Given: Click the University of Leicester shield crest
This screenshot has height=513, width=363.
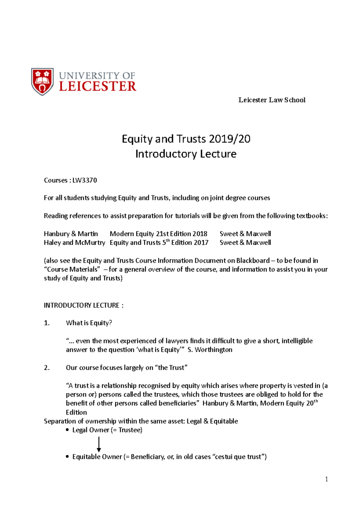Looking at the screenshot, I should pyautogui.click(x=42, y=82).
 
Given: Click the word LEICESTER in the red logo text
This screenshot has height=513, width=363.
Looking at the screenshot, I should pyautogui.click(x=97, y=87).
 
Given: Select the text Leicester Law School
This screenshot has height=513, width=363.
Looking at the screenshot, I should pyautogui.click(x=272, y=100).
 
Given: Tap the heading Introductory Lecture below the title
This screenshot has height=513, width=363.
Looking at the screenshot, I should pyautogui.click(x=186, y=154).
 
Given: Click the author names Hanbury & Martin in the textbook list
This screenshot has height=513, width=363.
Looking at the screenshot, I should pyautogui.click(x=71, y=234).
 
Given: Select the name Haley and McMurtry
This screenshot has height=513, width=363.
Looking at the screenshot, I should pyautogui.click(x=74, y=243).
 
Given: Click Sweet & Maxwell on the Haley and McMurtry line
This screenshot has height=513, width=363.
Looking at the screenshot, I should pyautogui.click(x=245, y=243).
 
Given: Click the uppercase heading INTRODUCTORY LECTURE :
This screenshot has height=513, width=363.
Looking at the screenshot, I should pyautogui.click(x=83, y=305).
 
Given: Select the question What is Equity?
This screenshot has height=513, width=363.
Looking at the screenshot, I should pyautogui.click(x=89, y=323).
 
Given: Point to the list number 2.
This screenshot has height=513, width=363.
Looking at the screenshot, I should pyautogui.click(x=47, y=368).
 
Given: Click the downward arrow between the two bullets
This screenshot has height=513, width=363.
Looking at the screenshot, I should pyautogui.click(x=99, y=444).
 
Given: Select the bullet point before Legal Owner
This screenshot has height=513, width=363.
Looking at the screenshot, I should pyautogui.click(x=67, y=430).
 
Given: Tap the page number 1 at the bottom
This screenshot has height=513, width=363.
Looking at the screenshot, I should pyautogui.click(x=326, y=479).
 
